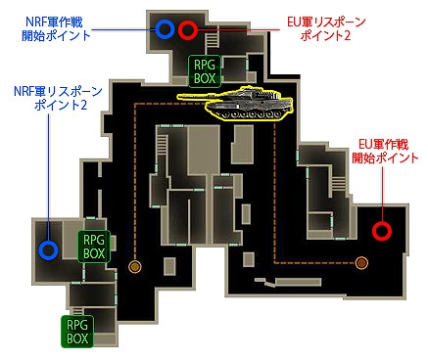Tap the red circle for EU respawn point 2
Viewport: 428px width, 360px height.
click(188, 29)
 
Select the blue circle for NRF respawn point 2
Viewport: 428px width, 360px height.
click(47, 248)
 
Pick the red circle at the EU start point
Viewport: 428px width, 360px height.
click(383, 232)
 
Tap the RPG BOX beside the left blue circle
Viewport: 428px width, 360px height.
click(94, 245)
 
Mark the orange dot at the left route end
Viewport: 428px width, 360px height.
click(135, 266)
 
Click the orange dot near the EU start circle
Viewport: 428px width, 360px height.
click(361, 262)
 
